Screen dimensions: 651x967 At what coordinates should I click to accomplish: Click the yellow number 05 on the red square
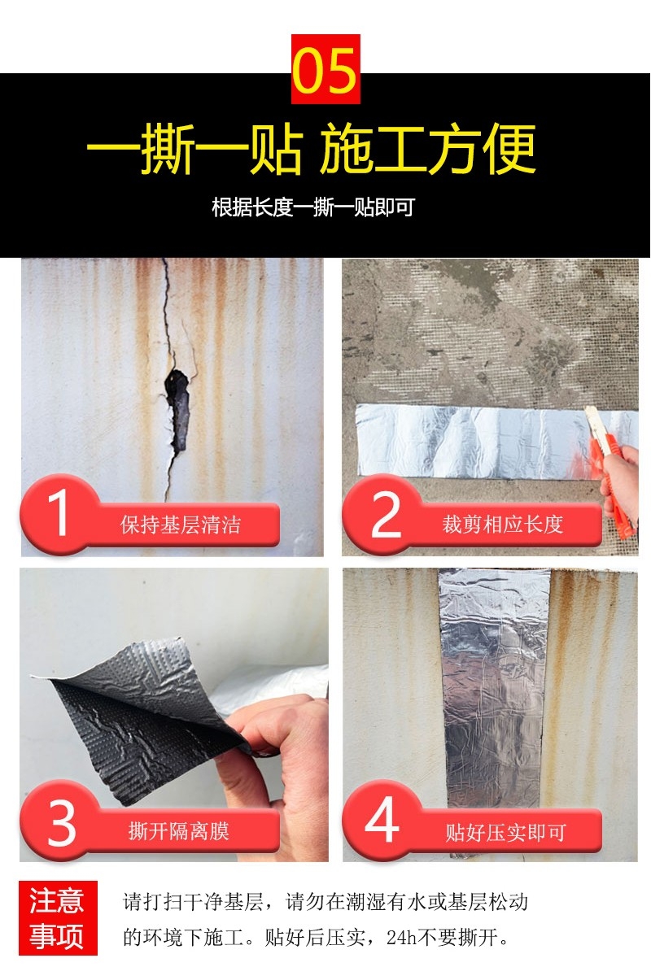[325, 70]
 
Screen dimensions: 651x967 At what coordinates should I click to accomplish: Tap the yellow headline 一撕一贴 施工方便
[311, 149]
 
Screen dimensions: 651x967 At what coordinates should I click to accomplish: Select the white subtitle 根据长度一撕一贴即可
[312, 207]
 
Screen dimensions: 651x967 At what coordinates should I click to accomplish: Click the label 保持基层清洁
[180, 525]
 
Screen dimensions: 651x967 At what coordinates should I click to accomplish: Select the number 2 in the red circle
[387, 514]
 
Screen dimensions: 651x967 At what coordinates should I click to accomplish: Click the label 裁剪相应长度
[502, 525]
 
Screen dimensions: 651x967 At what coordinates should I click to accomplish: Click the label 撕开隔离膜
[179, 831]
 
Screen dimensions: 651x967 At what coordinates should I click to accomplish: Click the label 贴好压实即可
[506, 833]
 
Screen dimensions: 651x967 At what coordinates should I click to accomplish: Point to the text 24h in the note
[404, 938]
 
